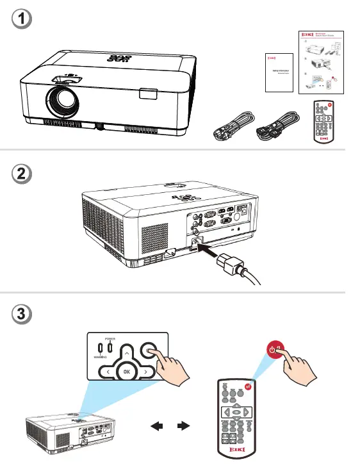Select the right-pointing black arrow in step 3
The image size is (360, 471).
[184, 424]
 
